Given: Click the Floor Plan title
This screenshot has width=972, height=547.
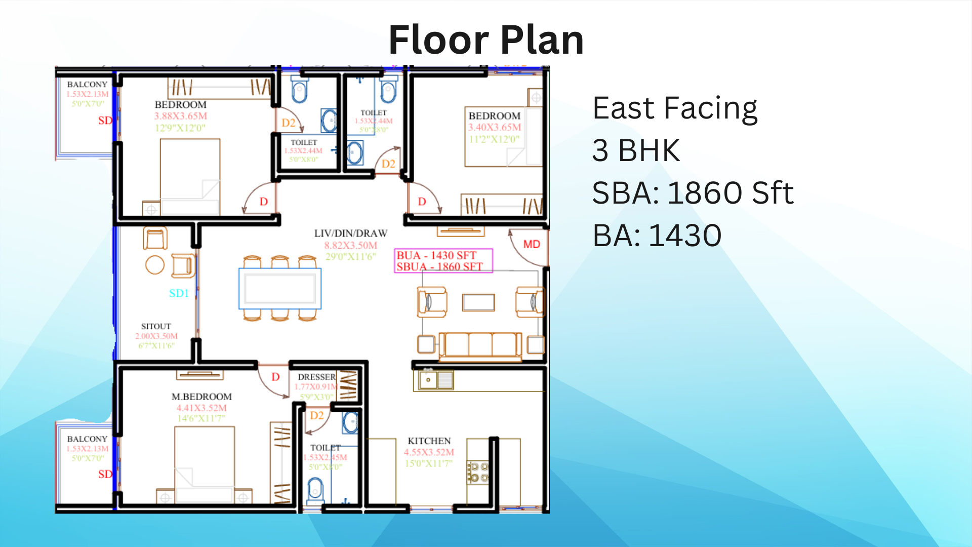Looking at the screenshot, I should click(x=486, y=40).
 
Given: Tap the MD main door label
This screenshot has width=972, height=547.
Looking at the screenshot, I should click(x=532, y=244).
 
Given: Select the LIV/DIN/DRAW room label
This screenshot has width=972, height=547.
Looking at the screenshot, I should click(x=350, y=233).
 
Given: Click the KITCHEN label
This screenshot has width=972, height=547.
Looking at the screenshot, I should click(x=429, y=441).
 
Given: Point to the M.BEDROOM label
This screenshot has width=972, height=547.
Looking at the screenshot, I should click(x=201, y=397).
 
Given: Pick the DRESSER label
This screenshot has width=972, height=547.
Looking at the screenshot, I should click(x=316, y=377).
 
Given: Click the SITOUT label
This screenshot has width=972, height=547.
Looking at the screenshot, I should click(x=156, y=326).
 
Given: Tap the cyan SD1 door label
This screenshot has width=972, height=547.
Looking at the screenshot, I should click(x=179, y=293).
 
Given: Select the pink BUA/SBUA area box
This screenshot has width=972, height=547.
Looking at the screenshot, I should click(x=443, y=261).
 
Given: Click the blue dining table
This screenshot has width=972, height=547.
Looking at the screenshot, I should click(x=280, y=289).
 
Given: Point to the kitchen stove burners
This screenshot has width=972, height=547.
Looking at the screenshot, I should click(x=478, y=472).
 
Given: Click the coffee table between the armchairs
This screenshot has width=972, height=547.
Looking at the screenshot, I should click(x=478, y=302).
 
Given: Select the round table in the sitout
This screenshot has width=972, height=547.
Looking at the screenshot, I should click(x=155, y=264).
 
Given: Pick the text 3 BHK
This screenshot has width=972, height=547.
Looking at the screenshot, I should click(x=636, y=150).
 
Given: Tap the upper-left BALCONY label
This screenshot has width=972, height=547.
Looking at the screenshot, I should click(x=87, y=85).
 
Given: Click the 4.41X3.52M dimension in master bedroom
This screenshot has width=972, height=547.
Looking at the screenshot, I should click(x=201, y=408).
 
